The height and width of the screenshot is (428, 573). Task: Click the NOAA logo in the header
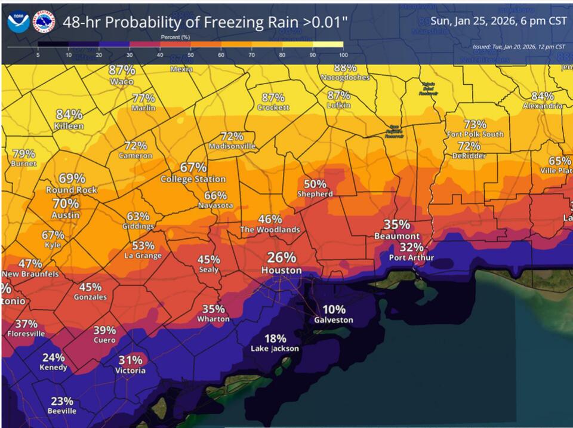[18, 22]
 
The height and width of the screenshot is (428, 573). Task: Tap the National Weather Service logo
[44, 22]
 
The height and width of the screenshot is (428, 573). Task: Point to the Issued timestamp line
[518, 46]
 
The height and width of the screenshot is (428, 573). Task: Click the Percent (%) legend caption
[175, 37]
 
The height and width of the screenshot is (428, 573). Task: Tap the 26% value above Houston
[281, 257]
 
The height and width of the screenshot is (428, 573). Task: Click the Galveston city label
[334, 320]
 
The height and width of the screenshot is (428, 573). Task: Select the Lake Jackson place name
[275, 349]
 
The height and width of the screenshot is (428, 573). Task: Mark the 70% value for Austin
[66, 203]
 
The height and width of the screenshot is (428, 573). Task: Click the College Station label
[193, 179]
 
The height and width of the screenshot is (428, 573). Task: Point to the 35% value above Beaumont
[396, 224]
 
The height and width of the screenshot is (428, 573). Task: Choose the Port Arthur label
[411, 258]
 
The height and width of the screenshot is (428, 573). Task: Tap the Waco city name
[121, 81]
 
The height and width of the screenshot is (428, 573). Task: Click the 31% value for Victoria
[130, 360]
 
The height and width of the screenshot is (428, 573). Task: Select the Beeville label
[62, 411]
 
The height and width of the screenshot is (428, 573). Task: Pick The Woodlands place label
[270, 230]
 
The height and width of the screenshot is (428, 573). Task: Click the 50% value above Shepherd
[315, 184]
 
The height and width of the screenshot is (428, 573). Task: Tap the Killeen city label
[69, 127]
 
